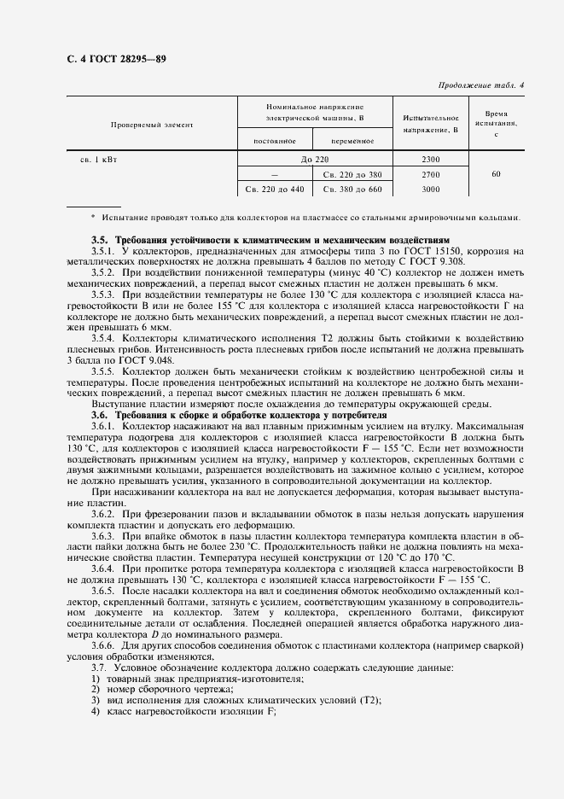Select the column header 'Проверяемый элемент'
(152, 125)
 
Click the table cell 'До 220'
(315, 160)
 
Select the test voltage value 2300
(430, 160)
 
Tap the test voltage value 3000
(430, 189)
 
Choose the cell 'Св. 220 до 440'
(274, 189)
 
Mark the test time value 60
(495, 174)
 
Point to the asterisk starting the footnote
(93, 217)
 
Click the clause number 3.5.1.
(104, 251)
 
